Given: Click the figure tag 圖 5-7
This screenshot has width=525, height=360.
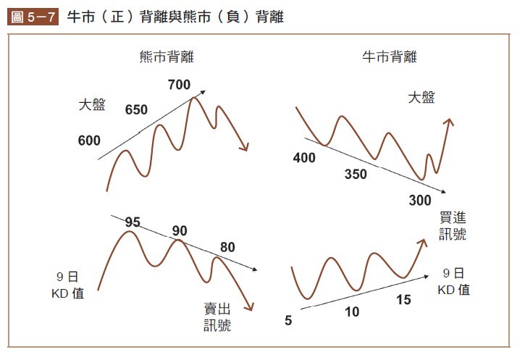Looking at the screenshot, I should coord(33,15).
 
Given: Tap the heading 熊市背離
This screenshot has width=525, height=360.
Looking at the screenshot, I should coord(167,56).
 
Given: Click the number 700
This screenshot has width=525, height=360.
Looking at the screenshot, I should coord(179,85).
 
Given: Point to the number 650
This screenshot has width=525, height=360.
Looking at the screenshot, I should coord(136,110).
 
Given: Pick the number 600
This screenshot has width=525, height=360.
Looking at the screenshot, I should coord(89,141).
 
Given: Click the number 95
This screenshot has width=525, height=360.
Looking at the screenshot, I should coord(132,222).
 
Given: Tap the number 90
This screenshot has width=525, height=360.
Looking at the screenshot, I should coord(180,231).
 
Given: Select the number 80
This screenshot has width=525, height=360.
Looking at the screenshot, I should coord(227,248).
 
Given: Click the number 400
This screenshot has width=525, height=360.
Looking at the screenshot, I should coord(304,158).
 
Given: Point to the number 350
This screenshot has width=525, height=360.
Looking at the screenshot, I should coord(356,175).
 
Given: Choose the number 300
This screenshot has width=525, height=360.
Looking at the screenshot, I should coord(419,200).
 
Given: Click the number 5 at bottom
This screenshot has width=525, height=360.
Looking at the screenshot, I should coord(288,320).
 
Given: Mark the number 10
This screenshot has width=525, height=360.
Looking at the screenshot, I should coord(352,312).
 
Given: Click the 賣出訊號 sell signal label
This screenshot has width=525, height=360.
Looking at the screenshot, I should coord(217,318).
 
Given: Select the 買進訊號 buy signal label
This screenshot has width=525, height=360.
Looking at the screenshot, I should coord(453,226).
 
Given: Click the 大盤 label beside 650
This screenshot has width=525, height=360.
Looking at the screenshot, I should coord(92,105).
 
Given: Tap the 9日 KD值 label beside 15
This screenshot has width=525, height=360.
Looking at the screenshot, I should coord(453,282).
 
